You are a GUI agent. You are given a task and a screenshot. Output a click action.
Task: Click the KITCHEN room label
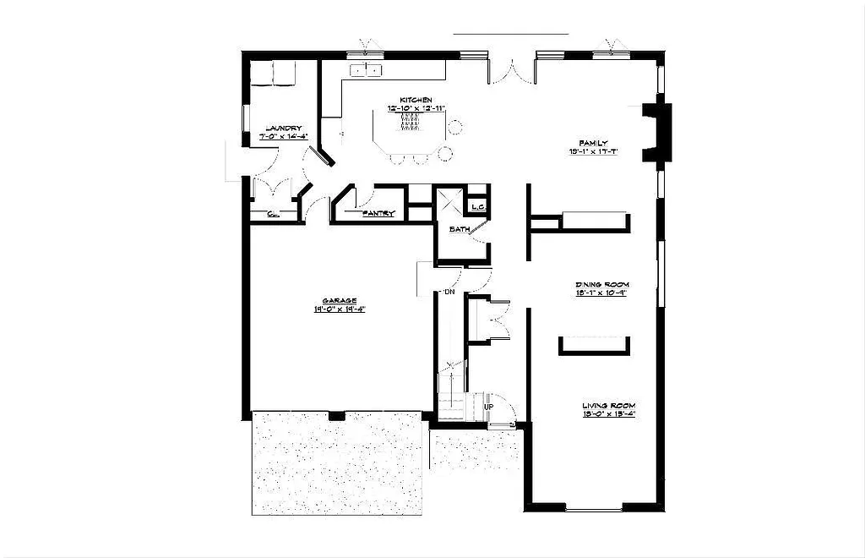click(x=416, y=100)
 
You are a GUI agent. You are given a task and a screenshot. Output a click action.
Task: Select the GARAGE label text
click(x=339, y=300)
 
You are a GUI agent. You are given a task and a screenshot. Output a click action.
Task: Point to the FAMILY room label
click(x=594, y=143)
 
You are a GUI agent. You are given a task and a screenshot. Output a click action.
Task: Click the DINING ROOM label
click(x=602, y=284)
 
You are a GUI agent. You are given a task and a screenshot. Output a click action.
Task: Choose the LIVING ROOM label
click(x=608, y=406)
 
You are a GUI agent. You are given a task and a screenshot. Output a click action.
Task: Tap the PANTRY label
click(x=378, y=214)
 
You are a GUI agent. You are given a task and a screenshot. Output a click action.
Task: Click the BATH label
click(x=459, y=229)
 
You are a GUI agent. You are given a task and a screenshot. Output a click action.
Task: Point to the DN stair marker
click(x=449, y=293)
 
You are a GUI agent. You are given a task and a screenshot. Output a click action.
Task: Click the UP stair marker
click(x=488, y=408)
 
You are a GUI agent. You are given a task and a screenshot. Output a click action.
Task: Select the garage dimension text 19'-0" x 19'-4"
click(x=339, y=309)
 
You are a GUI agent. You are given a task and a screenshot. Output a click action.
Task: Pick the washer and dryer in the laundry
click(x=273, y=74)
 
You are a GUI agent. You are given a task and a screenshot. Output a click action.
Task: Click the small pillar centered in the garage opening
click(x=336, y=415)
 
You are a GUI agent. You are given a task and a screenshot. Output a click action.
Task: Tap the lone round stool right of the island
click(x=455, y=128)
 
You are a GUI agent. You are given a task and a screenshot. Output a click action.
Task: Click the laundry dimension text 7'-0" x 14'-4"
click(x=282, y=136)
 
